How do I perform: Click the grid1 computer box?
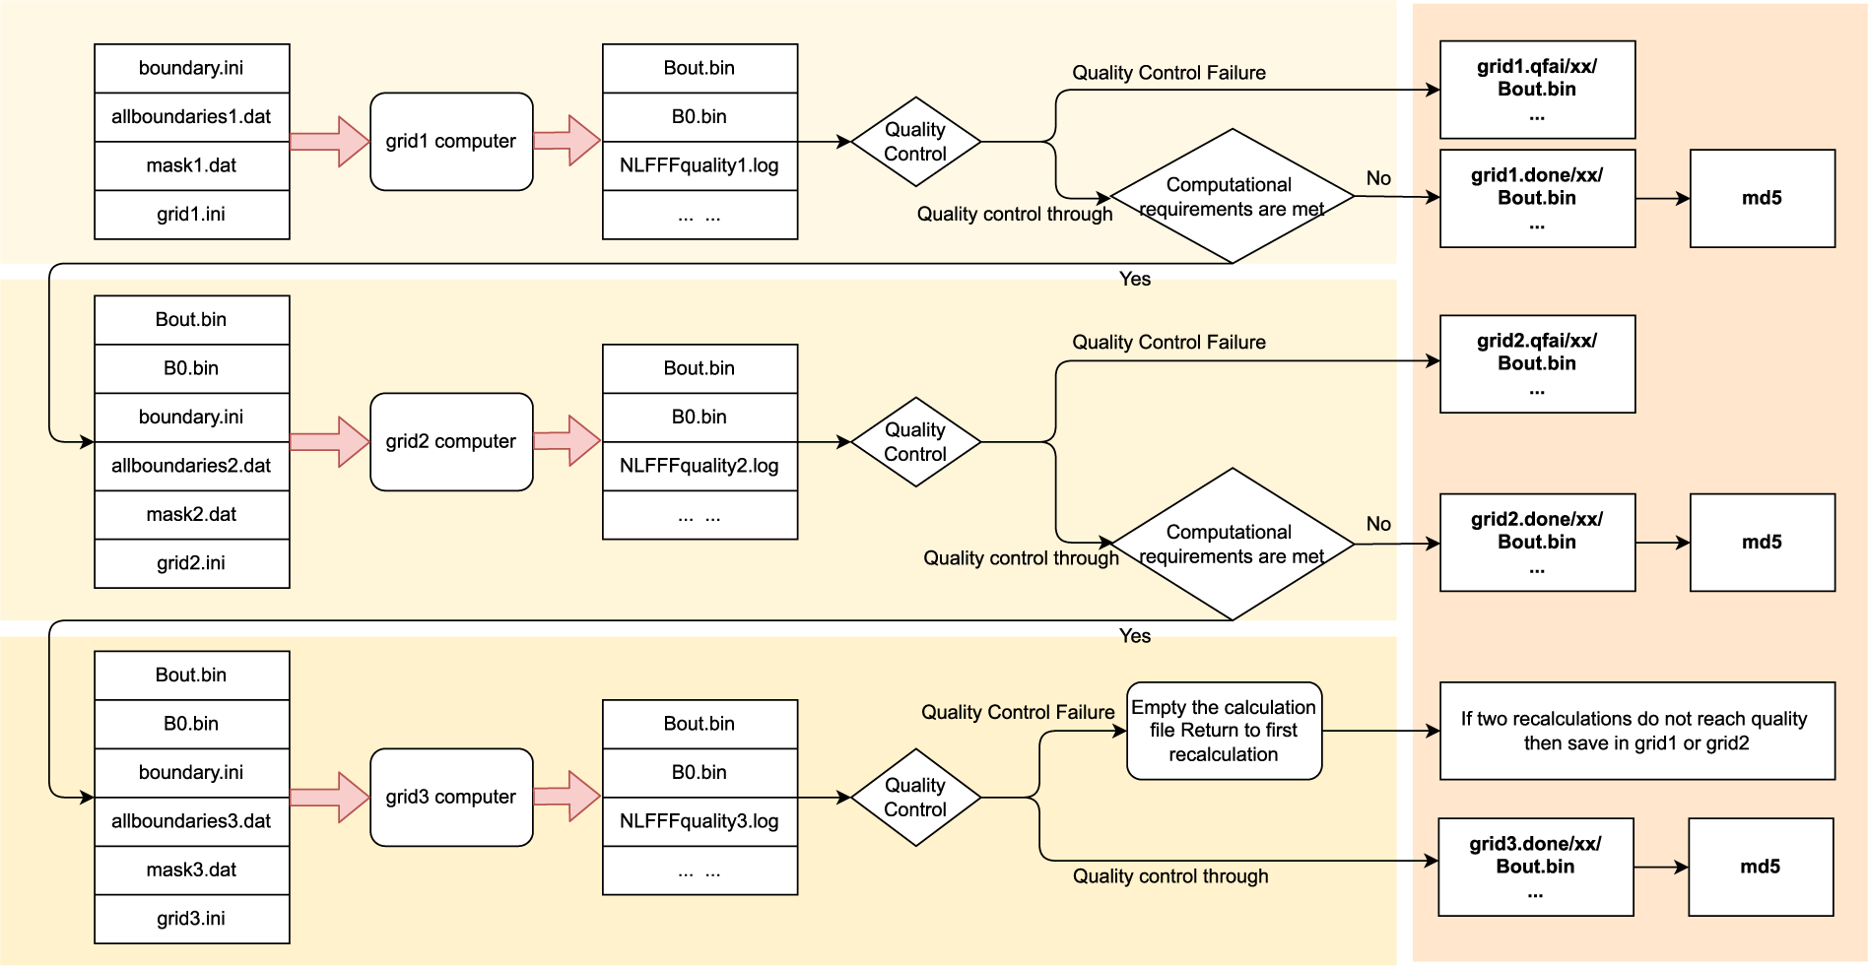(451, 141)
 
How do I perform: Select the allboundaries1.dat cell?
(191, 116)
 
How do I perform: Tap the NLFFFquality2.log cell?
(700, 465)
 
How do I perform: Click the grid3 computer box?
(451, 797)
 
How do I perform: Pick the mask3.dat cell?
(191, 869)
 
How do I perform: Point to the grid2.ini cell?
(191, 562)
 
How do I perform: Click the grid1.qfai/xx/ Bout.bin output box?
(1537, 90)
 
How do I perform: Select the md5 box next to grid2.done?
(1762, 543)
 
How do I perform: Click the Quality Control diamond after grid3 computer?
(915, 797)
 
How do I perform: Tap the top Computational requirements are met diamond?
(1232, 196)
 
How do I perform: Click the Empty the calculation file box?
(1224, 731)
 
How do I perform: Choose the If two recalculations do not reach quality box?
(1636, 731)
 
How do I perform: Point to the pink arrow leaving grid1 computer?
(567, 141)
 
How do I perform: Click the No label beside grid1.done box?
(1378, 178)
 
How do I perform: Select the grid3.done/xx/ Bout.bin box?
(1535, 867)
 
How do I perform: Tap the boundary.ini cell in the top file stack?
(191, 68)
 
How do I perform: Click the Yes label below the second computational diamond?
(1135, 636)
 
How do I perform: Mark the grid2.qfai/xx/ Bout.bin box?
(1537, 363)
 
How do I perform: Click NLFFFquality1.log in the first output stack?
(700, 165)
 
